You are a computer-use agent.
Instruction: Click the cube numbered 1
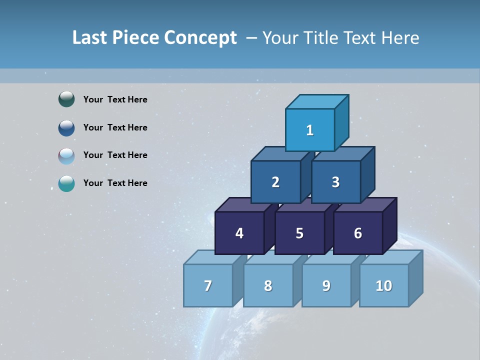click(x=310, y=130)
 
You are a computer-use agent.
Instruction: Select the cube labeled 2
click(x=275, y=182)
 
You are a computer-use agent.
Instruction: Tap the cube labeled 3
click(x=335, y=182)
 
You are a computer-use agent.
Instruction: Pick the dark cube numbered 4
click(x=239, y=233)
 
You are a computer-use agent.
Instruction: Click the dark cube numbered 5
click(x=299, y=233)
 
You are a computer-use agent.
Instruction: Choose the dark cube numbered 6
click(x=358, y=233)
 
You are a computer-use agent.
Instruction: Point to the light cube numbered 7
click(x=208, y=285)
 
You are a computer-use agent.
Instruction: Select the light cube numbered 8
click(x=268, y=285)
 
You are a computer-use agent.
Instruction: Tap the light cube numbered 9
click(x=326, y=285)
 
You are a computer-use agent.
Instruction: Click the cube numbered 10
click(x=384, y=285)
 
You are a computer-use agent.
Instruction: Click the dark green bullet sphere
click(x=66, y=99)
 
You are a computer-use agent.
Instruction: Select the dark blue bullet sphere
click(x=66, y=127)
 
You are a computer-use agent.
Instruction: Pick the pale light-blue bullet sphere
click(x=66, y=155)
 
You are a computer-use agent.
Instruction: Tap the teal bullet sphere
click(x=66, y=183)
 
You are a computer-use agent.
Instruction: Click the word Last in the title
click(x=90, y=37)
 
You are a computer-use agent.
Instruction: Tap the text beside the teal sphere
click(x=115, y=183)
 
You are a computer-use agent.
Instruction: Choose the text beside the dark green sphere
click(x=115, y=99)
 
